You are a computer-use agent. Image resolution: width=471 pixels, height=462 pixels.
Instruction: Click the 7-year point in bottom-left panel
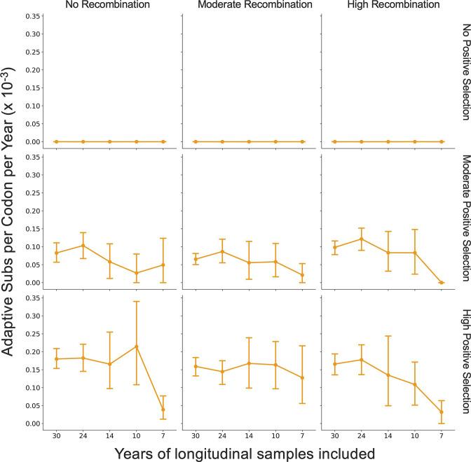(x=163, y=409)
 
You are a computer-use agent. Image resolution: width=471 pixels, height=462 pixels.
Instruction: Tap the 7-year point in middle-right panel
(x=441, y=282)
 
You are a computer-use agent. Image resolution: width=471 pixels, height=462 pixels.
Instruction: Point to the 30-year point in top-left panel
(x=56, y=141)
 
